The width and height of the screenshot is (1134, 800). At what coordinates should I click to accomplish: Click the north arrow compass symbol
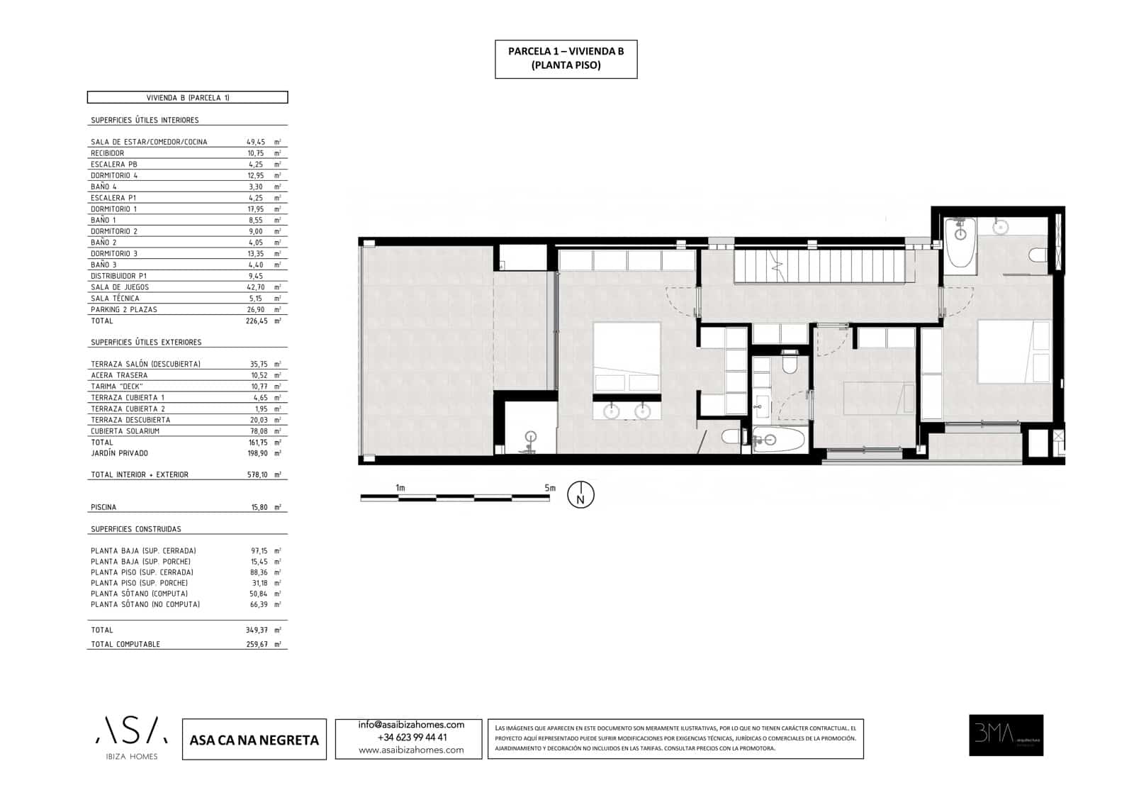pyautogui.click(x=580, y=495)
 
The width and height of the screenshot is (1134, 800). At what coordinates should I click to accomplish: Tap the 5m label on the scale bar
pyautogui.click(x=550, y=488)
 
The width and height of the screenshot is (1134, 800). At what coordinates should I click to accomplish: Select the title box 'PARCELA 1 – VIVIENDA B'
pyautogui.click(x=566, y=59)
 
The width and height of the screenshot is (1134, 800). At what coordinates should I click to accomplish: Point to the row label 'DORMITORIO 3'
pyautogui.click(x=114, y=254)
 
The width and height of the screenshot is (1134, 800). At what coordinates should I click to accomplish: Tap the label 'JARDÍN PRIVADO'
pyautogui.click(x=119, y=453)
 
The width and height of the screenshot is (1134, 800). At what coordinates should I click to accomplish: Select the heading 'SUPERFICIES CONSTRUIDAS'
pyautogui.click(x=136, y=529)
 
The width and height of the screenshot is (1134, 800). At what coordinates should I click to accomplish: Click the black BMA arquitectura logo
pyautogui.click(x=1006, y=735)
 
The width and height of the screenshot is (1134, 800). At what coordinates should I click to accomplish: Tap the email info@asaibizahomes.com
pyautogui.click(x=411, y=725)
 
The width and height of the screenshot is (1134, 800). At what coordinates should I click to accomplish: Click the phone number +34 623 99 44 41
pyautogui.click(x=411, y=738)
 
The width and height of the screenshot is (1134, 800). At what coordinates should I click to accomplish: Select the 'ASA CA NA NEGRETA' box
pyautogui.click(x=254, y=740)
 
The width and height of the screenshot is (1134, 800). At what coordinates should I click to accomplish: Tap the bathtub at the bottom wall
pyautogui.click(x=779, y=440)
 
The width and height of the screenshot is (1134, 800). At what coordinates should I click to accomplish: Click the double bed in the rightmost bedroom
pyautogui.click(x=1014, y=352)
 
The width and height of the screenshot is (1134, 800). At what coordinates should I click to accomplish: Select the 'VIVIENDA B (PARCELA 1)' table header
pyautogui.click(x=187, y=98)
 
